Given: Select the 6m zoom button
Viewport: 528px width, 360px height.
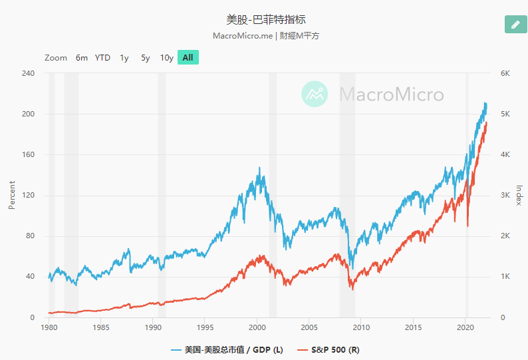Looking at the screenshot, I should tap(82, 58).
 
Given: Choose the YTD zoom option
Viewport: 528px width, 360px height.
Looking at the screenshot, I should tap(102, 58).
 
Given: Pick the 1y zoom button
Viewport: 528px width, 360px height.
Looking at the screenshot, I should tap(124, 58).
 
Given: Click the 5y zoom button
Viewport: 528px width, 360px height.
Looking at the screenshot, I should tap(145, 58).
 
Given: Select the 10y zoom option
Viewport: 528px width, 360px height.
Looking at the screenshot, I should tap(166, 58).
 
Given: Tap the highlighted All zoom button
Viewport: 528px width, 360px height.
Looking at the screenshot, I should tap(188, 58).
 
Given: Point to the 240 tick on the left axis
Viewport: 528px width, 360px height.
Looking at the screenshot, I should tap(27, 73).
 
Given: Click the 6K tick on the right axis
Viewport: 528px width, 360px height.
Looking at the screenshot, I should tap(505, 73).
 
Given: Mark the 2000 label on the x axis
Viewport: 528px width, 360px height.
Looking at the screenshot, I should tap(257, 328).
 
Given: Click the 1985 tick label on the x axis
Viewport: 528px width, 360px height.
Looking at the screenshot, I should tap(101, 328).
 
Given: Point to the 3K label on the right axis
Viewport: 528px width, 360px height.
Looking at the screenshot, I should tap(505, 196).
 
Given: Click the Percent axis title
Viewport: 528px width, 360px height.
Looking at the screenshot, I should tap(11, 194).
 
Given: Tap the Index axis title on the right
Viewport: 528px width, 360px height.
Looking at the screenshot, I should tap(519, 195).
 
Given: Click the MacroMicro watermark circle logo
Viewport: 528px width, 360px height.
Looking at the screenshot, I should tap(315, 94).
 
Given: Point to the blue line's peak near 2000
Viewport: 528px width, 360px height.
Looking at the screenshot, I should tap(259, 168).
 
